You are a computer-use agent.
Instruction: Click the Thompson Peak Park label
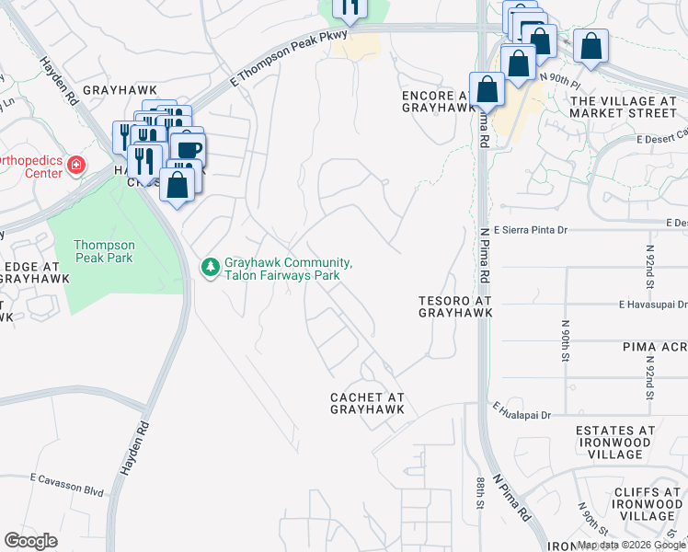pyautogui.click(x=104, y=251)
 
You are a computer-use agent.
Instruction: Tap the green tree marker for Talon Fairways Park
pyautogui.click(x=210, y=268)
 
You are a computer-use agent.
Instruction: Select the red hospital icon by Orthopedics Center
pyautogui.click(x=76, y=166)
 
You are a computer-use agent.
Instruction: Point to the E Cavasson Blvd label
pyautogui.click(x=66, y=478)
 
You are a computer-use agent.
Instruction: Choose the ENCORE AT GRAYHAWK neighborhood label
pyautogui.click(x=438, y=101)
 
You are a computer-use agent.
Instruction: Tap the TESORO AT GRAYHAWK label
pyautogui.click(x=454, y=306)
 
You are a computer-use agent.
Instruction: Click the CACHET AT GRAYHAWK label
pyautogui.click(x=368, y=403)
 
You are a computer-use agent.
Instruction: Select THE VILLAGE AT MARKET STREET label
pyautogui.click(x=623, y=107)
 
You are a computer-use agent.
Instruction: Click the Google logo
pyautogui.click(x=31, y=541)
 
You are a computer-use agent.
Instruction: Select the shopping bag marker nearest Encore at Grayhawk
pyautogui.click(x=487, y=89)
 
